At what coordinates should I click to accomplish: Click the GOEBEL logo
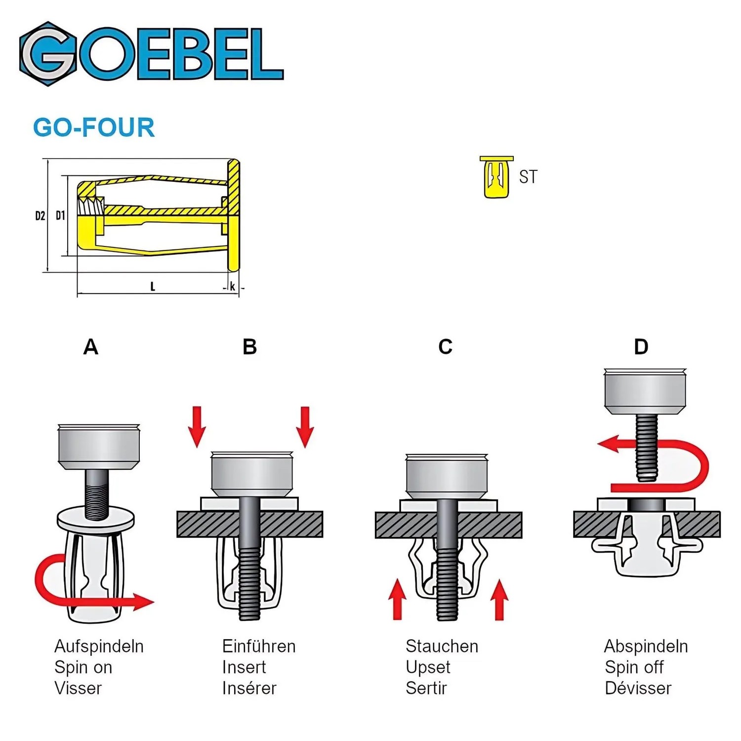(x=151, y=54)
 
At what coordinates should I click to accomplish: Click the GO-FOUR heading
(x=94, y=127)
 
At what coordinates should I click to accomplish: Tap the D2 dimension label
(x=40, y=216)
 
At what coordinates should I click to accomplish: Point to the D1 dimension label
(x=60, y=215)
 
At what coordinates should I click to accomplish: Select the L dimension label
(x=153, y=287)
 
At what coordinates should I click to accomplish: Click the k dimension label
(x=233, y=287)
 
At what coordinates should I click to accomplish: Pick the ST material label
(x=528, y=177)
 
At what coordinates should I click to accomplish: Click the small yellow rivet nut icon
(x=496, y=177)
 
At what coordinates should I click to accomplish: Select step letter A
(x=91, y=347)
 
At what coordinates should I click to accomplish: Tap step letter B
(x=250, y=347)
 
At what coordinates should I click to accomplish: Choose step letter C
(x=446, y=347)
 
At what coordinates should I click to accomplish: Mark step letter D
(x=641, y=347)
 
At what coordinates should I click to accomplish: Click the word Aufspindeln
(x=99, y=646)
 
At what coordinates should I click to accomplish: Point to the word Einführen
(x=259, y=646)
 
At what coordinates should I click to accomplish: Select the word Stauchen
(x=442, y=646)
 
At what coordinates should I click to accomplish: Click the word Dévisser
(x=638, y=688)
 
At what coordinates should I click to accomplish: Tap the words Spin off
(x=634, y=667)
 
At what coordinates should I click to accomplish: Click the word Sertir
(x=426, y=688)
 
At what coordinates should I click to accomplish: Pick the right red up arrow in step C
(x=499, y=600)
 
